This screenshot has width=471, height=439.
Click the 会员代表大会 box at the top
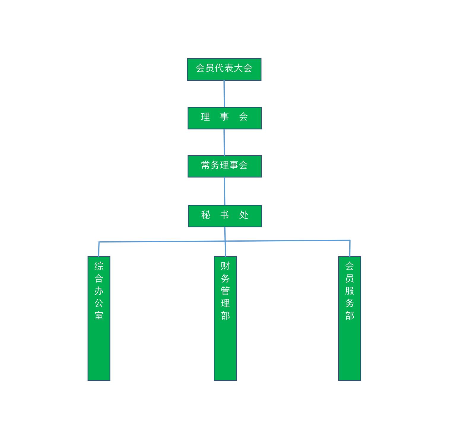tap(224, 69)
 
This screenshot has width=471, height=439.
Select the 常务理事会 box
tap(224, 166)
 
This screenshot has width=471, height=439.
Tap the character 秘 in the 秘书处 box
tap(205, 215)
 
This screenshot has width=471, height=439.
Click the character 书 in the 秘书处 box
tap(225, 215)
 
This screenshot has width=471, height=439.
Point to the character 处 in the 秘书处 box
tap(244, 215)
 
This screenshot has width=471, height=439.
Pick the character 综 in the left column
tap(99, 266)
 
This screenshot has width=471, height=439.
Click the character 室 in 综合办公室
tap(99, 316)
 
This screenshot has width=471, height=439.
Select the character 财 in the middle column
tap(225, 266)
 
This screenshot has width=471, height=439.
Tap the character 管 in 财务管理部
tap(225, 291)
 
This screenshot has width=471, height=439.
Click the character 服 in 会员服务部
tap(350, 291)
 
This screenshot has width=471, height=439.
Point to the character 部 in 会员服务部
tap(350, 316)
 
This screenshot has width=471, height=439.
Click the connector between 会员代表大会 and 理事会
tap(224, 93)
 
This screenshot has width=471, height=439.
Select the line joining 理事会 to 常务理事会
tap(224, 142)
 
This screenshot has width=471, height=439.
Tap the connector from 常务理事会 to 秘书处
tap(224, 191)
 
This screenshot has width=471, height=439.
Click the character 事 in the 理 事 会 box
tap(224, 117)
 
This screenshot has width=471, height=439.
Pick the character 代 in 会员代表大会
tap(219, 68)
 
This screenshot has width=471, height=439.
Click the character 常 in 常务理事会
tap(205, 165)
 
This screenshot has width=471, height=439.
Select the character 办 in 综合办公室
tap(99, 291)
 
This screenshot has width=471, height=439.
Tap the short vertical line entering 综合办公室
tap(99, 249)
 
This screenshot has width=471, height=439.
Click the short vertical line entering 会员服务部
tap(350, 248)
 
